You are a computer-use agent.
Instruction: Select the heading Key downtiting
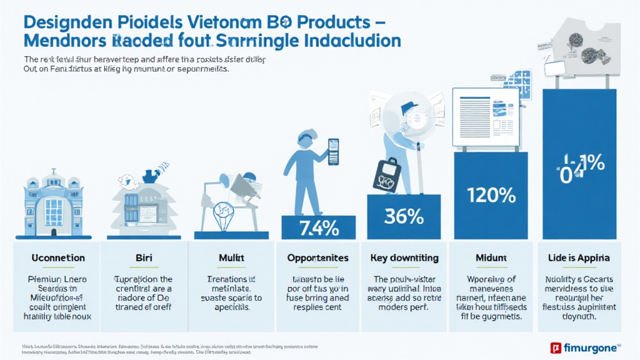click(404, 258)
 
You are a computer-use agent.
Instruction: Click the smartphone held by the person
click(332, 152)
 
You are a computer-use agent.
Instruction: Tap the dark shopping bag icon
click(386, 174)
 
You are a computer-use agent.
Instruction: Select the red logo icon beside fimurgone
click(554, 347)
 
